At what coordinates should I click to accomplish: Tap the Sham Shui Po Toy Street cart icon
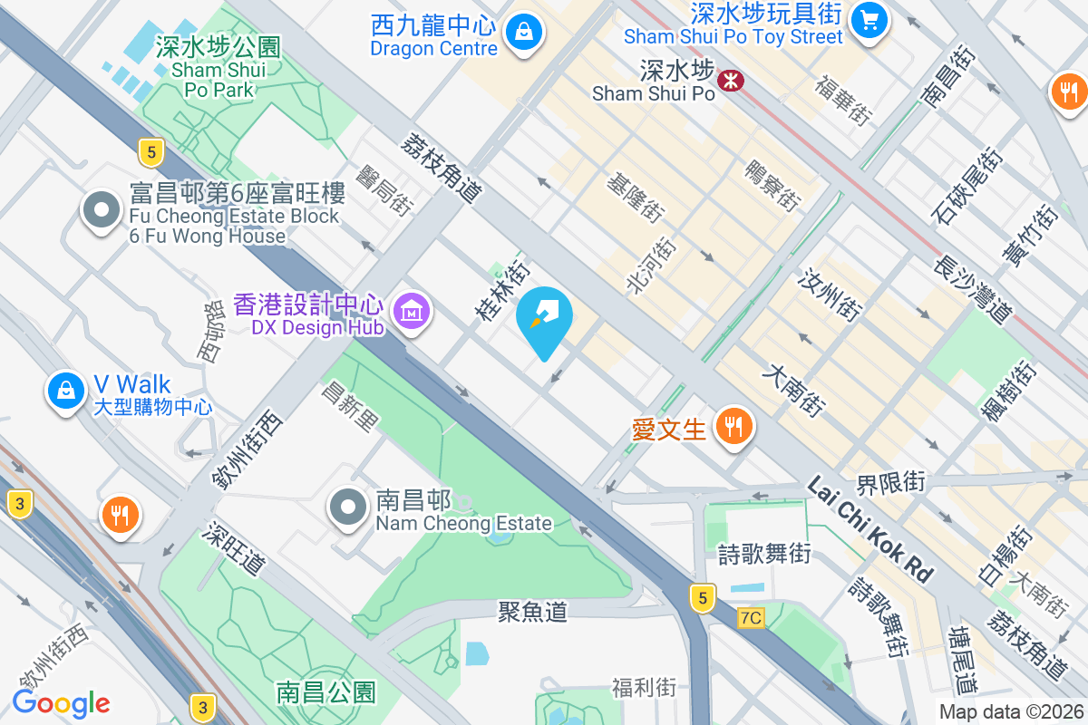(869, 20)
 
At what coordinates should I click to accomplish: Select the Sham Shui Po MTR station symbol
(730, 81)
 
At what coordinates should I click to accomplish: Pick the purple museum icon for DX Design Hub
(413, 313)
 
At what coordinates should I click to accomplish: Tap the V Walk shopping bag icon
(65, 391)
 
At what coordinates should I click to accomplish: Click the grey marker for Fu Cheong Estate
(102, 211)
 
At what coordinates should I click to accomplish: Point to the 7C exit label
(751, 618)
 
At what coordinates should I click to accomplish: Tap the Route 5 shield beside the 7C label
(701, 598)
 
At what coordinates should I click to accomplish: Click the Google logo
(61, 703)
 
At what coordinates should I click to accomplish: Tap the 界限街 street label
(890, 481)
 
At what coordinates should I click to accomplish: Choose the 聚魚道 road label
(532, 612)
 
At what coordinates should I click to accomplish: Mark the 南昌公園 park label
(325, 693)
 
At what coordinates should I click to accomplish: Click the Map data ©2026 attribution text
(1010, 711)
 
